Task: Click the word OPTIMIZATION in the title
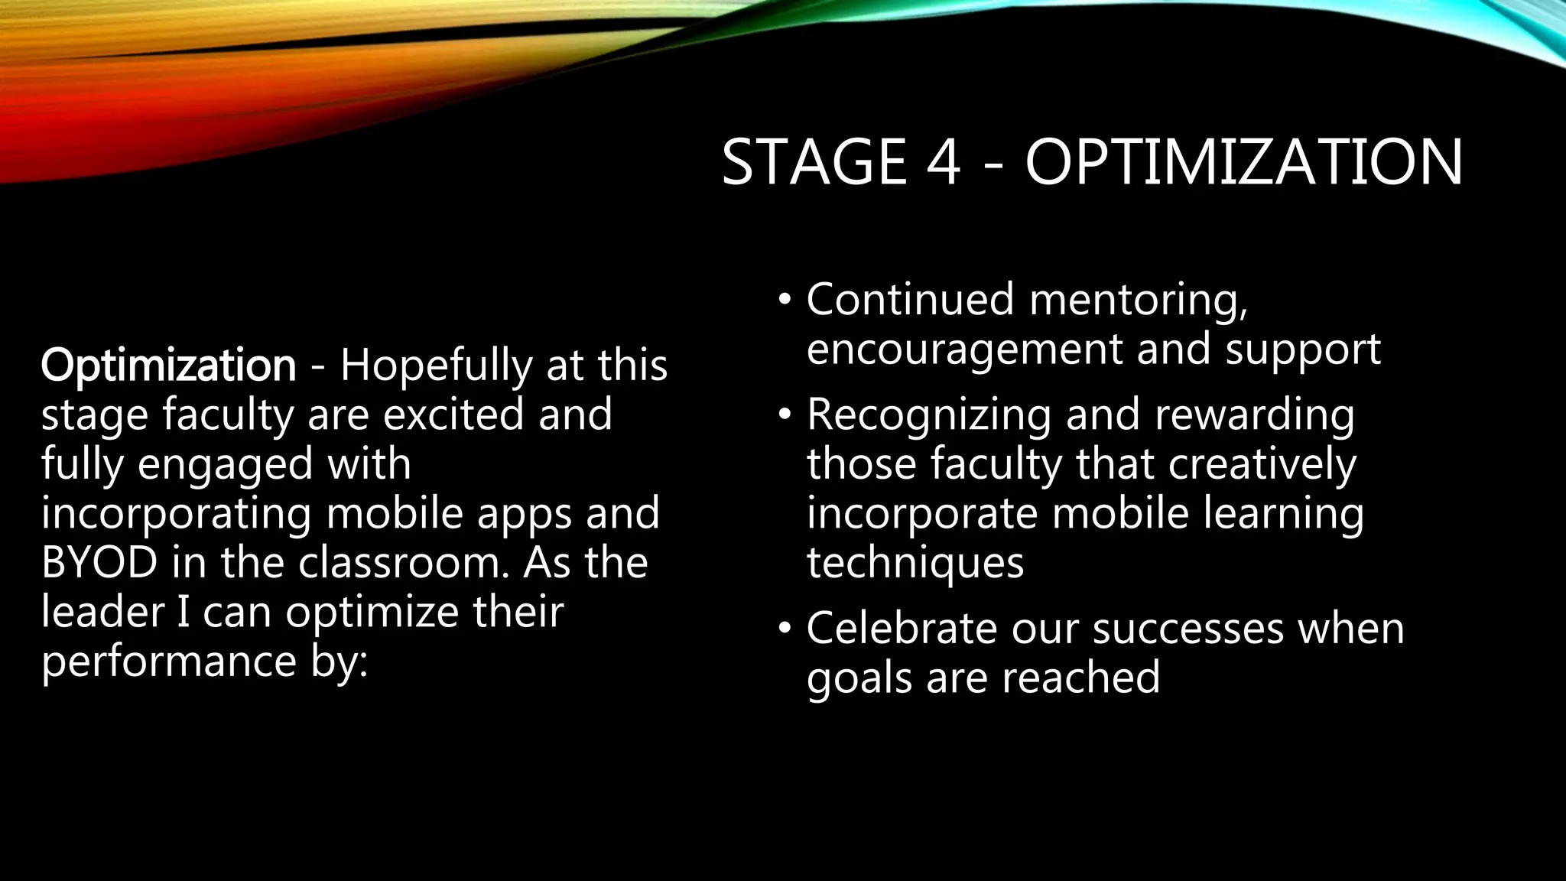coord(1243,162)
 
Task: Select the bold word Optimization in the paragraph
coord(168,366)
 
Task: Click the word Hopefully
coord(436,366)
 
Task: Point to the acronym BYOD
coord(99,563)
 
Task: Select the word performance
coord(168,662)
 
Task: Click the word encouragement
coord(964,350)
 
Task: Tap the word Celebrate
coord(902,629)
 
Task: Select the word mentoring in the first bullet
coord(1137,300)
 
